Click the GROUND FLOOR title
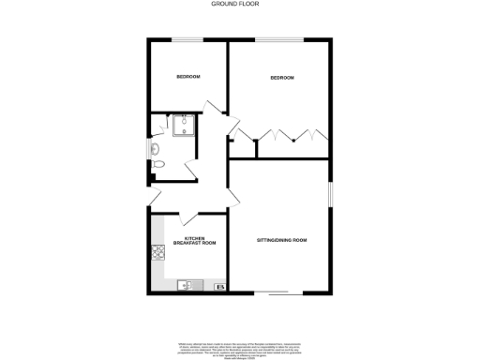pos(240,4)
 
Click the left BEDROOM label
pos(188,77)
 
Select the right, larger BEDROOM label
pos(282,78)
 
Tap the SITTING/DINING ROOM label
pos(282,241)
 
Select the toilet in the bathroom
pos(157,165)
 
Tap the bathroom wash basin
pos(154,147)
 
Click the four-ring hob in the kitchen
pos(157,250)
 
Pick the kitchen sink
pos(186,285)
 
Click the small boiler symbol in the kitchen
pos(220,286)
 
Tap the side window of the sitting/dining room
pos(330,192)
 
